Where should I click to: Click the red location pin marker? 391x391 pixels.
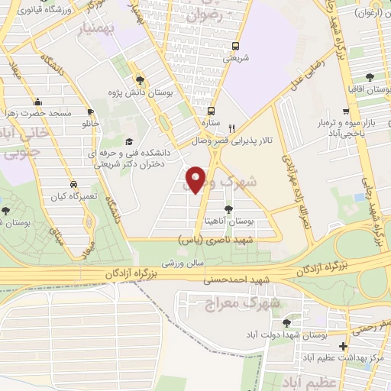pyautogui.click(x=197, y=179)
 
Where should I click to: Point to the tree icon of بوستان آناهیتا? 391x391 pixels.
pyautogui.click(x=228, y=208)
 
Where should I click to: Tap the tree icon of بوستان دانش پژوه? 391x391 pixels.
pyautogui.click(x=140, y=79)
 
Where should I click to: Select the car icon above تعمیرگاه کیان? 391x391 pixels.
pyautogui.click(x=73, y=185)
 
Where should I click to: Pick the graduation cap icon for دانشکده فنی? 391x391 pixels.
pyautogui.click(x=128, y=141)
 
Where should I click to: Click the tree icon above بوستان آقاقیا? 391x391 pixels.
pyautogui.click(x=370, y=77)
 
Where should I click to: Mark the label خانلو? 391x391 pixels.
pyautogui.click(x=82, y=123)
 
